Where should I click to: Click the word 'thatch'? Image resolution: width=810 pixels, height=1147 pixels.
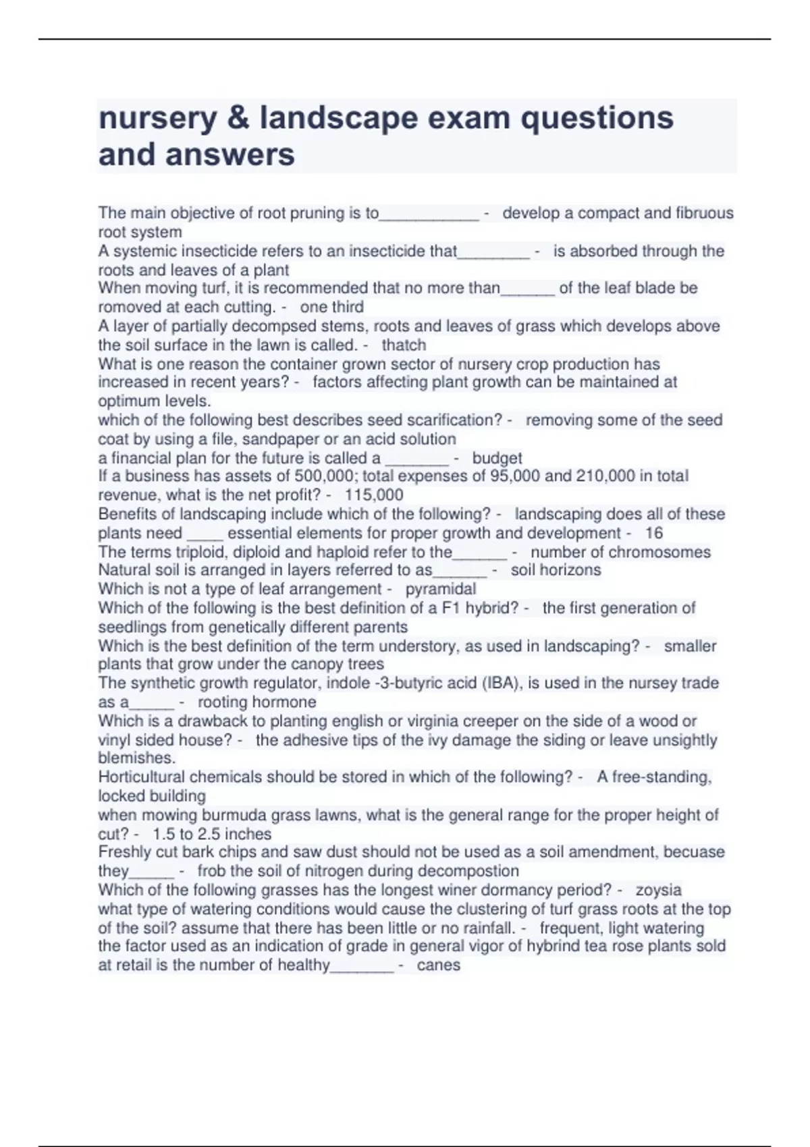[404, 345]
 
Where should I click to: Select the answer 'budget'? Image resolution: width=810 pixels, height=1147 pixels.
[497, 458]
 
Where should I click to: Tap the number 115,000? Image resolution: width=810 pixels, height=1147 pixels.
[373, 495]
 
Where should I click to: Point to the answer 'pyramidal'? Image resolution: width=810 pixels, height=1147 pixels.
[440, 589]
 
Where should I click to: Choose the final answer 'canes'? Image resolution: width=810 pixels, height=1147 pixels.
[438, 965]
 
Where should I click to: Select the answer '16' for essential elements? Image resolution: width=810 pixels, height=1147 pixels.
[653, 533]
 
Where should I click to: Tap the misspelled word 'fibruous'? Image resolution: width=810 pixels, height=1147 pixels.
[704, 213]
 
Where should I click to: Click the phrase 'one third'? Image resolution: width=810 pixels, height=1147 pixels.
[331, 307]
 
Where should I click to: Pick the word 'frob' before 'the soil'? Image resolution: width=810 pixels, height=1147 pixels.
[211, 871]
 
